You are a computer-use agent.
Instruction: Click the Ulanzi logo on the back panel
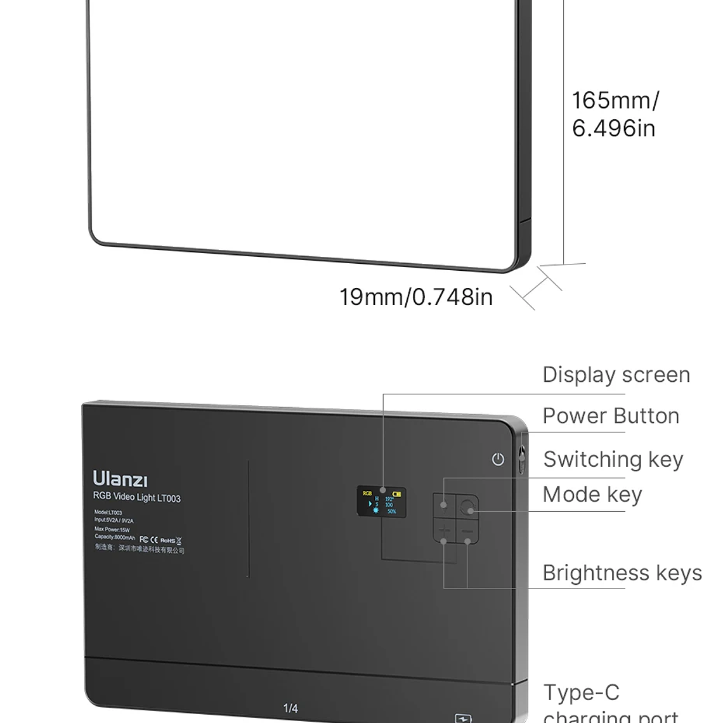(x=120, y=479)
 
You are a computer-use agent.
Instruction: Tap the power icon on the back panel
(x=498, y=459)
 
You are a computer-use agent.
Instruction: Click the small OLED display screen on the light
(x=381, y=502)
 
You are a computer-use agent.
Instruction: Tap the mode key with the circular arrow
(x=467, y=507)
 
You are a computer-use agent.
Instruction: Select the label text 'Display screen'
(x=616, y=375)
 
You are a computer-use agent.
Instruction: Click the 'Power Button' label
(x=610, y=416)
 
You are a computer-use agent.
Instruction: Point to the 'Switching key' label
(x=613, y=459)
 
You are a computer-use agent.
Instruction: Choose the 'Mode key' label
(x=592, y=495)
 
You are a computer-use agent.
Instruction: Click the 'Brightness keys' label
(x=622, y=573)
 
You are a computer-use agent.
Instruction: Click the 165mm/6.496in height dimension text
(x=615, y=114)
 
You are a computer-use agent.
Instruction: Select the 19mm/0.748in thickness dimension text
(x=415, y=297)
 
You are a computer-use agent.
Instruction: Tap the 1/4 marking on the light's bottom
(x=290, y=708)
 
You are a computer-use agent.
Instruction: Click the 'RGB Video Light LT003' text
(x=136, y=497)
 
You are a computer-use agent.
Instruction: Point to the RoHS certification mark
(x=167, y=540)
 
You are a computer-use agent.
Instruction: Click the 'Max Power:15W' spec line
(x=112, y=529)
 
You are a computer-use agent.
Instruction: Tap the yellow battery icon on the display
(x=396, y=493)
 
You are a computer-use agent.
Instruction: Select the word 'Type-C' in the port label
(x=581, y=693)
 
